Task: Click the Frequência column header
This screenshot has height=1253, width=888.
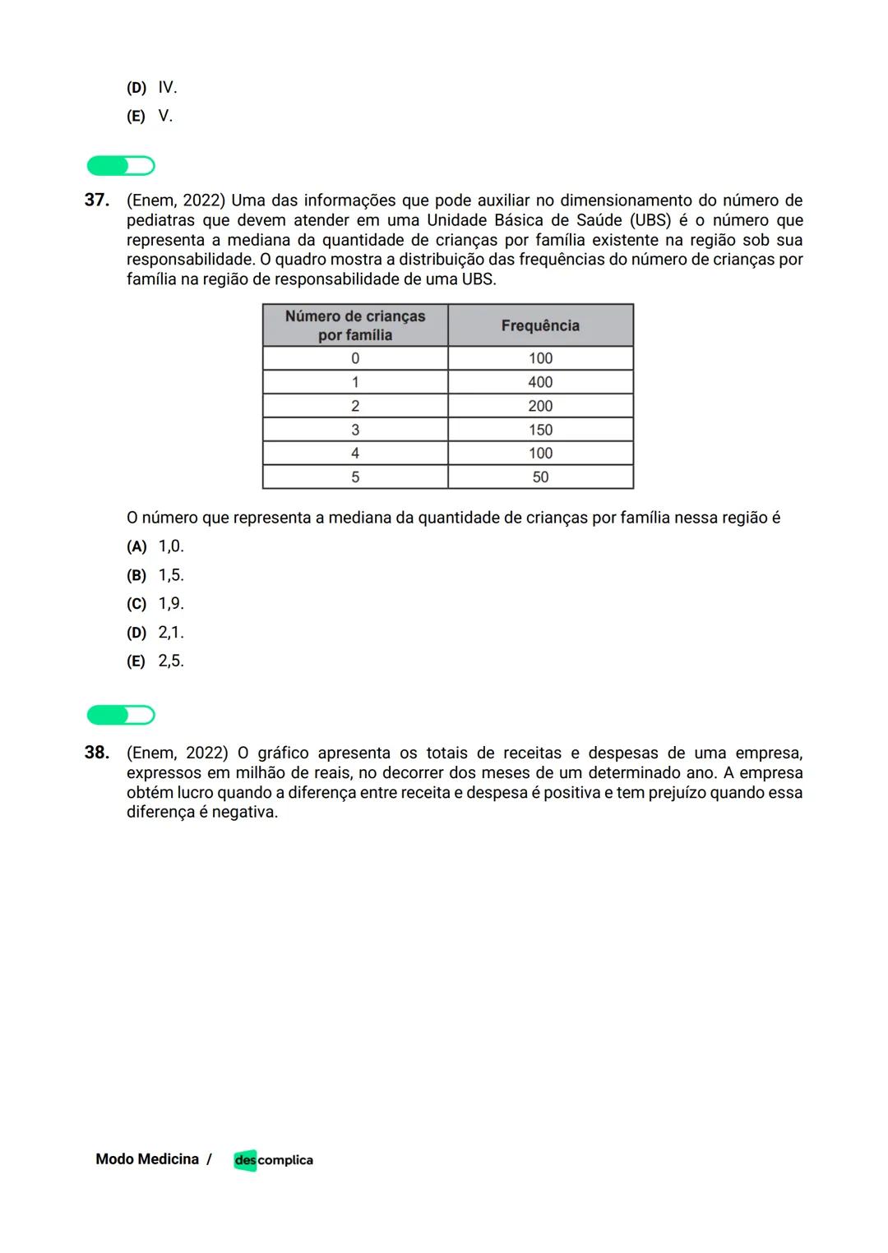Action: [540, 325]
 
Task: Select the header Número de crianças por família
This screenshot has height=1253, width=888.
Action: [355, 325]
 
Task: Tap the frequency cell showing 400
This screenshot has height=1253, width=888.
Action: [540, 382]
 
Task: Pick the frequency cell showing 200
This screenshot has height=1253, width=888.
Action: [540, 406]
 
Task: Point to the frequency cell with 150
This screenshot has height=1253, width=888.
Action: [540, 430]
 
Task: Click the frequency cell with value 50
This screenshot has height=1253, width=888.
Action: [540, 477]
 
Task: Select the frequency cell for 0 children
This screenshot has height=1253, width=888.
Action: [540, 358]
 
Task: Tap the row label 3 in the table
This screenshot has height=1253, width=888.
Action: [355, 430]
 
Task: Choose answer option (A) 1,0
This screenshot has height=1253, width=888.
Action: [155, 546]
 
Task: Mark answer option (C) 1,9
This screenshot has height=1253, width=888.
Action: [155, 604]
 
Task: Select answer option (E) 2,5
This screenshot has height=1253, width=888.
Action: [155, 661]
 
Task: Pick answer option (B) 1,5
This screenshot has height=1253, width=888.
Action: [155, 575]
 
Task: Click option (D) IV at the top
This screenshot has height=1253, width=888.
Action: [152, 87]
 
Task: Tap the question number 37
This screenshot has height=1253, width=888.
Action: [97, 200]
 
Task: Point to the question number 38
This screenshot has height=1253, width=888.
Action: [97, 753]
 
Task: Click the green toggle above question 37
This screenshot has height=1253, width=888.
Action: [121, 166]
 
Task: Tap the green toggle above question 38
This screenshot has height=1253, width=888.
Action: [121, 716]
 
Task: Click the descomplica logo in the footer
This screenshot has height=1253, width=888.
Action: [273, 1160]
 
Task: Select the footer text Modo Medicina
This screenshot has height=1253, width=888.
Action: [147, 1159]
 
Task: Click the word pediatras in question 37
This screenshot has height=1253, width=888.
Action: [161, 220]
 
